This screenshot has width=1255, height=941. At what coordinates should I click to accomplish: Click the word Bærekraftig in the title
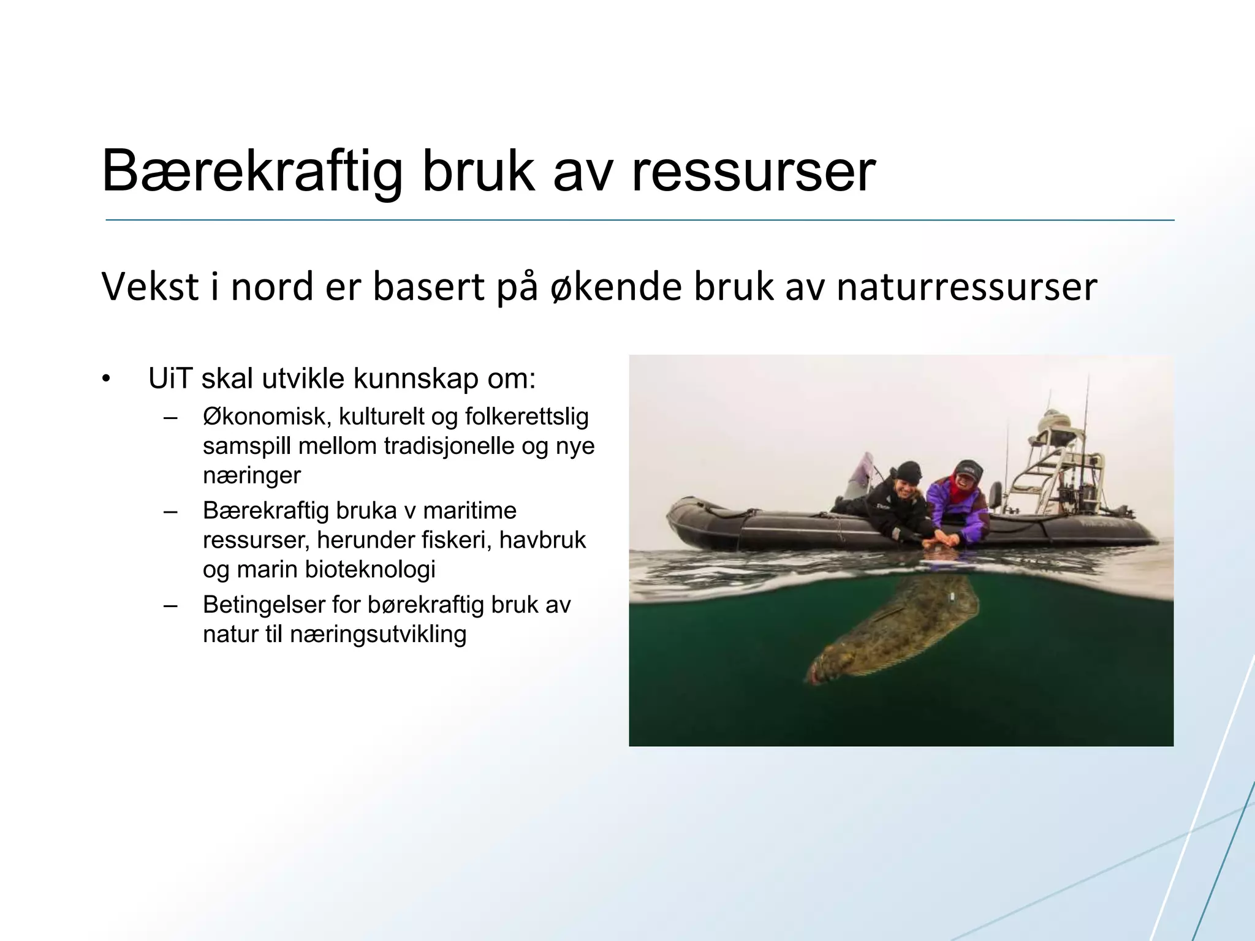[x=251, y=172]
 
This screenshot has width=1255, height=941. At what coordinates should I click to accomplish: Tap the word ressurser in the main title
[x=753, y=172]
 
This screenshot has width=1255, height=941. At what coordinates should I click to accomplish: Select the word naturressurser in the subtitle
[x=966, y=286]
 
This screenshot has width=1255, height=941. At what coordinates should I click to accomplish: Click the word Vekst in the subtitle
[x=150, y=286]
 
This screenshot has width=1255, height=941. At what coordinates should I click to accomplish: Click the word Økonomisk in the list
[x=267, y=417]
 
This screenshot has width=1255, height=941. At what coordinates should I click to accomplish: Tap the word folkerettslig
[x=527, y=417]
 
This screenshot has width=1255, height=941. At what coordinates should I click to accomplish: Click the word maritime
[x=469, y=510]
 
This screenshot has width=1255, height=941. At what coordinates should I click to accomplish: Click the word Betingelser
[x=264, y=605]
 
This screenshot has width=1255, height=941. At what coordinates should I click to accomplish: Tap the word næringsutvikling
[x=378, y=634]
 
